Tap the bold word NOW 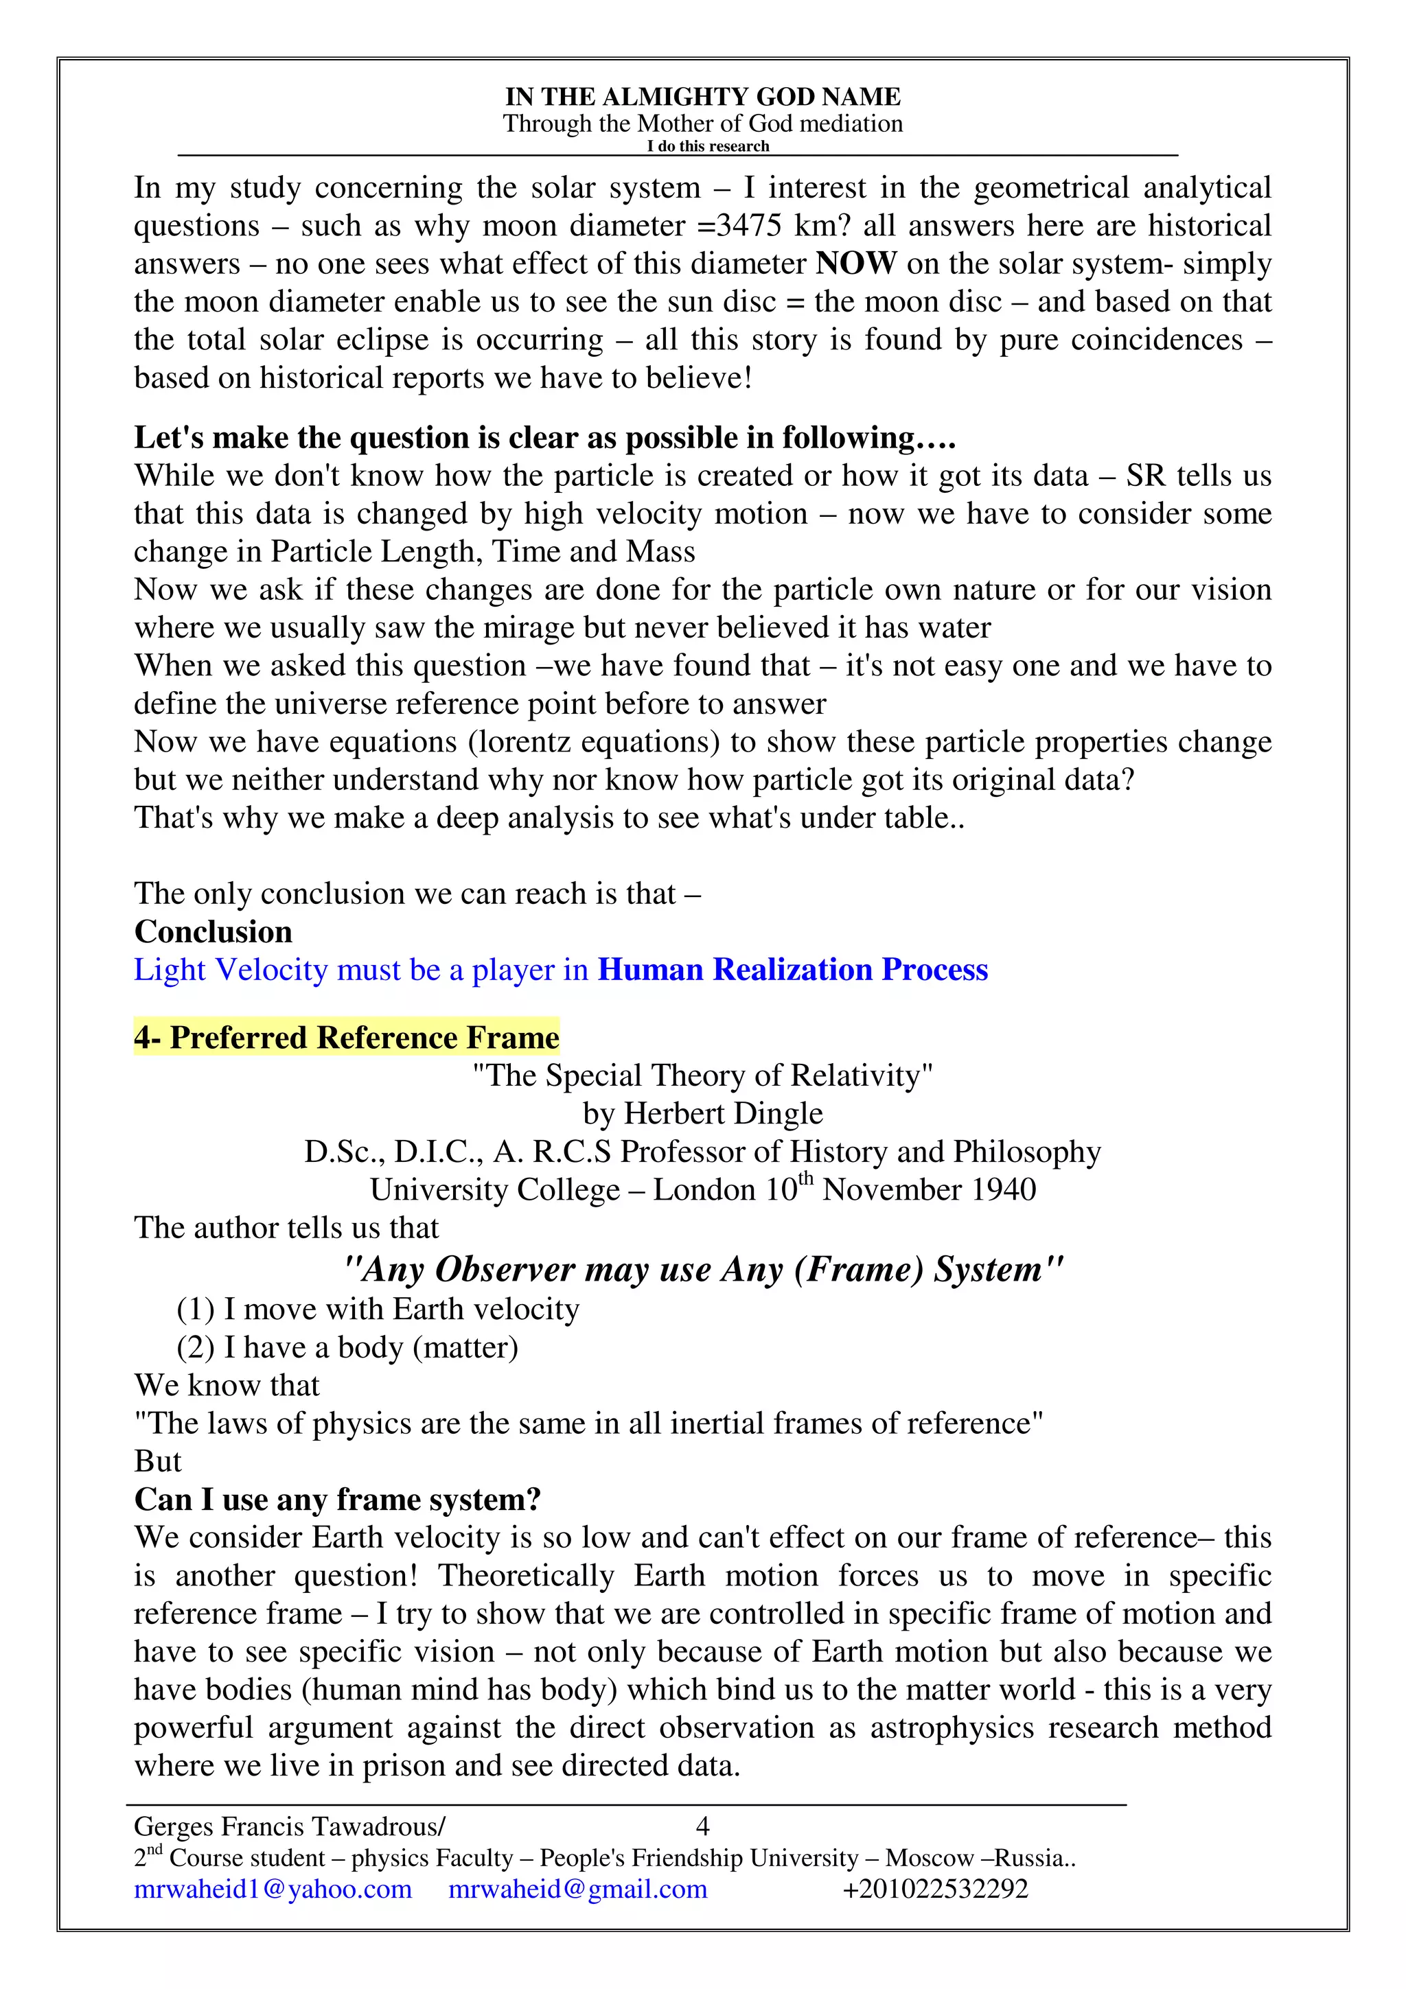[856, 264]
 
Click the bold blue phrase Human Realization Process [793, 970]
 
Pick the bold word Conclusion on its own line [213, 932]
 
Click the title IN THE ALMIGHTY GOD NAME [702, 96]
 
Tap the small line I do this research [708, 146]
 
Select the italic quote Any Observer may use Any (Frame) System [702, 1270]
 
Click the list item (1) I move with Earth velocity [378, 1309]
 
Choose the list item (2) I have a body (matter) [347, 1347]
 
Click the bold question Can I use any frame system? [338, 1500]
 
